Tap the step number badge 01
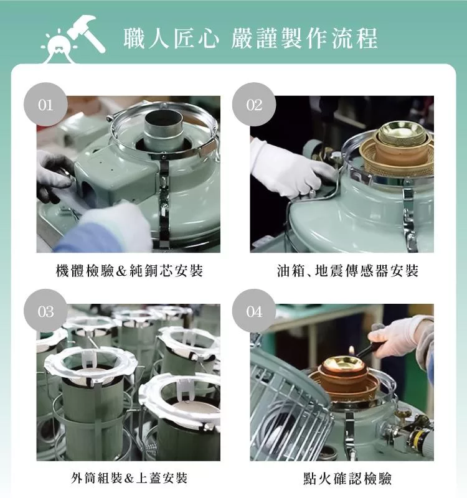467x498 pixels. [x=45, y=105]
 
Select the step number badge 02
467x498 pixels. [x=254, y=105]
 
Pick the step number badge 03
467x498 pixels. [x=45, y=311]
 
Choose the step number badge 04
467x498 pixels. [x=254, y=311]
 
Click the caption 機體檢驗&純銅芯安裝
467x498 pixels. [x=129, y=271]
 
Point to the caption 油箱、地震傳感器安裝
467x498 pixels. [x=347, y=271]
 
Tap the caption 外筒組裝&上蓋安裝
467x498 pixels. [x=129, y=478]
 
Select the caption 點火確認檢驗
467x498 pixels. [x=347, y=478]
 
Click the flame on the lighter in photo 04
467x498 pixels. [x=351, y=350]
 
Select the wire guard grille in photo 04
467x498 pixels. [x=289, y=403]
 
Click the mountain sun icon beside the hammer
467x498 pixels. [x=59, y=47]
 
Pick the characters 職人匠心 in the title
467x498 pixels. [x=171, y=39]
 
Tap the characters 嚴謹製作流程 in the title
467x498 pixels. [x=304, y=39]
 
